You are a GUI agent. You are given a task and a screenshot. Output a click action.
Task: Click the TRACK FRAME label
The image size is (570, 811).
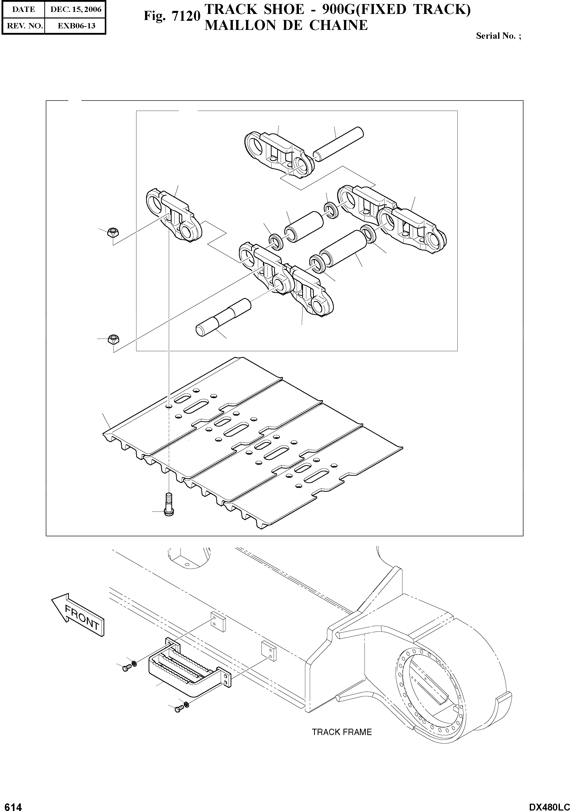pyautogui.click(x=341, y=732)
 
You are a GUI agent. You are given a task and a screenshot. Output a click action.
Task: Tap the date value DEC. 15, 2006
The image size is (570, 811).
pyautogui.click(x=76, y=10)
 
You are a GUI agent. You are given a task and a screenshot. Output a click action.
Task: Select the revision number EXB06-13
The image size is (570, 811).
pyautogui.click(x=76, y=26)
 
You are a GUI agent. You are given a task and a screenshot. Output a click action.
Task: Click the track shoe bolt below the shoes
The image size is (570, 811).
pyautogui.click(x=169, y=505)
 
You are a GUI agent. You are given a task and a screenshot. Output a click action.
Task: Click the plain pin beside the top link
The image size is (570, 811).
pyautogui.click(x=338, y=144)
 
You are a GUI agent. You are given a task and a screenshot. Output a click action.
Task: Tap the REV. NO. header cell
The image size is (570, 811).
pyautogui.click(x=24, y=26)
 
